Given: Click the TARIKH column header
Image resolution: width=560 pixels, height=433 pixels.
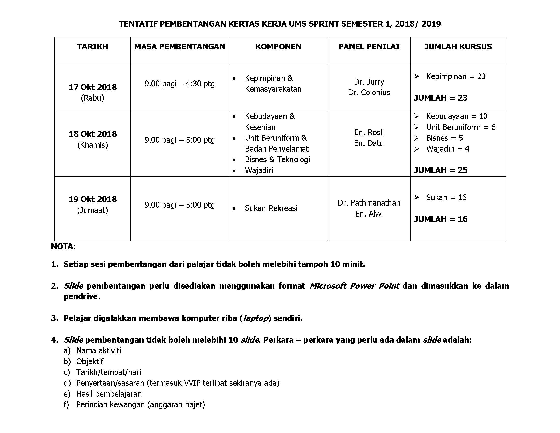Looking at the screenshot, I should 92,47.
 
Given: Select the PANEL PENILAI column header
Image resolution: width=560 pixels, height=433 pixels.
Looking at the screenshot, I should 369,47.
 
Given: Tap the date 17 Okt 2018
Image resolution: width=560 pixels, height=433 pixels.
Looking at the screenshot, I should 93,87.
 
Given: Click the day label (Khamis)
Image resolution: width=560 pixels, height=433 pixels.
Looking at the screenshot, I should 93,145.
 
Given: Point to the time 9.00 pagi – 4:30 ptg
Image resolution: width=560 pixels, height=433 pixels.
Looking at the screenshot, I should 179,84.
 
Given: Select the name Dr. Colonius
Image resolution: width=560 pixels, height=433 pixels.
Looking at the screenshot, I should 369,93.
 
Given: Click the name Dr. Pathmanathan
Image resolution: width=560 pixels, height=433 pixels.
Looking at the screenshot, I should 369,203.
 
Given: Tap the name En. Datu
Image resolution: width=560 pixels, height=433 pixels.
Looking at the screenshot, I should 369,143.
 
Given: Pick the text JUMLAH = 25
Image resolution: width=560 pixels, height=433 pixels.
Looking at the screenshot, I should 441,170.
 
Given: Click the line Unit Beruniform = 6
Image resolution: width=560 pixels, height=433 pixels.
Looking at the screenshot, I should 460,127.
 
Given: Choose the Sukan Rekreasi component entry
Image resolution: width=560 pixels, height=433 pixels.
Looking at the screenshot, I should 271,208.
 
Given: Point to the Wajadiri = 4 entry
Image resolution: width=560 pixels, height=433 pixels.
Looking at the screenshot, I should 447,149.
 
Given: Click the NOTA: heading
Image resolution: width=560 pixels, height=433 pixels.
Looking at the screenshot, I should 63,247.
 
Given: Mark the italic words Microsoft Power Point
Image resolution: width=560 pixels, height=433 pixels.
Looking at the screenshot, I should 354,286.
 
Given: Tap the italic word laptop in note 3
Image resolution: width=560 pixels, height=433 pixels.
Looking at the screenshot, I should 255,318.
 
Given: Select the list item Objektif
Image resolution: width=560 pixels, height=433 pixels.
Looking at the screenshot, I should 90,361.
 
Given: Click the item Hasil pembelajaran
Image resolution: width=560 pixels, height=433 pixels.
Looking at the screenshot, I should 109,394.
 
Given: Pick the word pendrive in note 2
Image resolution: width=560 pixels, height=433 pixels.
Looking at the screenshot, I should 81,297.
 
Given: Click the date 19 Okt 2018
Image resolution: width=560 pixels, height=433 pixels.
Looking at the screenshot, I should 93,199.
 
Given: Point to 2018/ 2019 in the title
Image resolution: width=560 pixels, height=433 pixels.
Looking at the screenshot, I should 418,24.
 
